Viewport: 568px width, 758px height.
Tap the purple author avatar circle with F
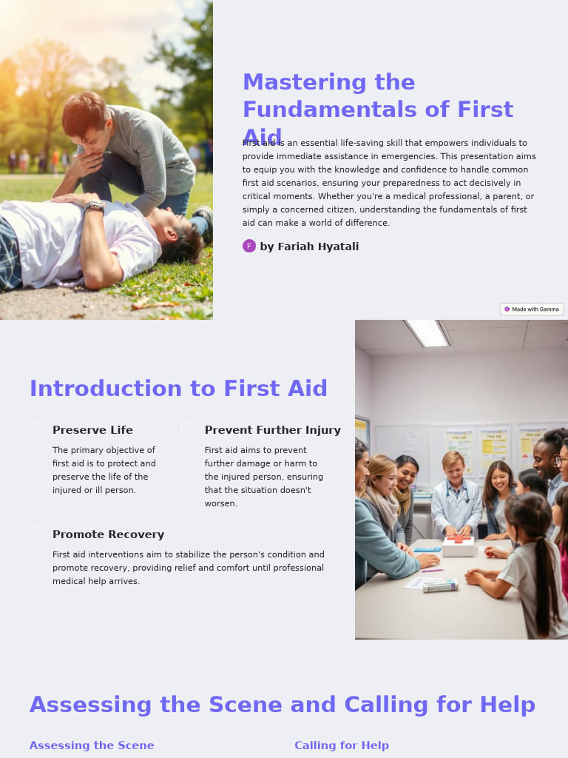249,246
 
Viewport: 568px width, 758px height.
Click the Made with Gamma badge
532,309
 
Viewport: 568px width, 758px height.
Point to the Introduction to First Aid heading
178,389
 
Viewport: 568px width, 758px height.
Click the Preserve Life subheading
92,430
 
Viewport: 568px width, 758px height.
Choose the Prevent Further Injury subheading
272,430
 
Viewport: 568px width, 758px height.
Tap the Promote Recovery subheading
108,534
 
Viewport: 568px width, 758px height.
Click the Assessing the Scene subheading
92,745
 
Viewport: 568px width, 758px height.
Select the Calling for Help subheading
341,745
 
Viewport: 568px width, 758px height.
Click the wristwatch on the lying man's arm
94,207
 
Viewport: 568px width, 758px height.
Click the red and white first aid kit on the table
458,545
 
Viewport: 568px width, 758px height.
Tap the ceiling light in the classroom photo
428,332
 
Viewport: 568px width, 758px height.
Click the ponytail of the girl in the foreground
547,577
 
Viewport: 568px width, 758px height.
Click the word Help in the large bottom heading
507,705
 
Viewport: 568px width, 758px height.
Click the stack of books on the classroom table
439,586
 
